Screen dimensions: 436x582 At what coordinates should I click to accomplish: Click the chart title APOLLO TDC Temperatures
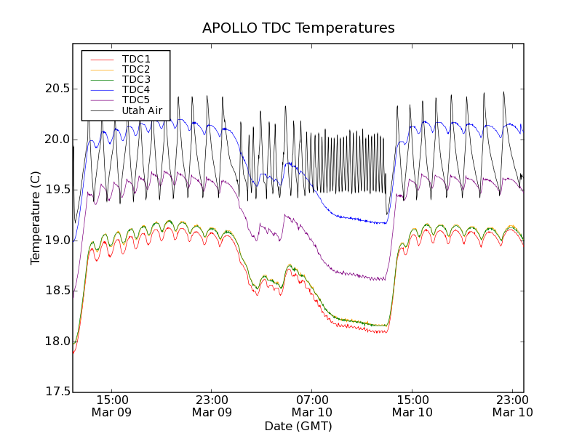298,28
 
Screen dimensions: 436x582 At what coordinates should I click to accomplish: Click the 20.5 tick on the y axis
55,89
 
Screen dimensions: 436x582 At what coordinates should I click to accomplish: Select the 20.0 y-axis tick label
55,140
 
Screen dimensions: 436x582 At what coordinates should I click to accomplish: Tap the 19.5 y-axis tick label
55,190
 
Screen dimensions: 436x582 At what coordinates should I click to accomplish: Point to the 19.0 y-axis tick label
55,241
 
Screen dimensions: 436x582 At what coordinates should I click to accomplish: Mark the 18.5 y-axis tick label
55,291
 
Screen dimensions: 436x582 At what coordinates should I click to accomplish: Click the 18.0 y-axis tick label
55,342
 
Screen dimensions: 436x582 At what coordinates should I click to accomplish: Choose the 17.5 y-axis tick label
55,392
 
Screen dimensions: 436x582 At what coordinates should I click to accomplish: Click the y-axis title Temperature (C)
36,218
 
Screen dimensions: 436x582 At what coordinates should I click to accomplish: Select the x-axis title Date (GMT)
298,426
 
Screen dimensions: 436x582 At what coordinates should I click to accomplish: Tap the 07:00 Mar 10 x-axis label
312,405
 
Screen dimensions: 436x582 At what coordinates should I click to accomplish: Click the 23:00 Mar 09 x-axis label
212,405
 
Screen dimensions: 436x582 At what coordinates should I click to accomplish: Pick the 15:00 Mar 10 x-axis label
412,405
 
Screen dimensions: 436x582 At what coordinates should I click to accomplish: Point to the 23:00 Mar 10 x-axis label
512,405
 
